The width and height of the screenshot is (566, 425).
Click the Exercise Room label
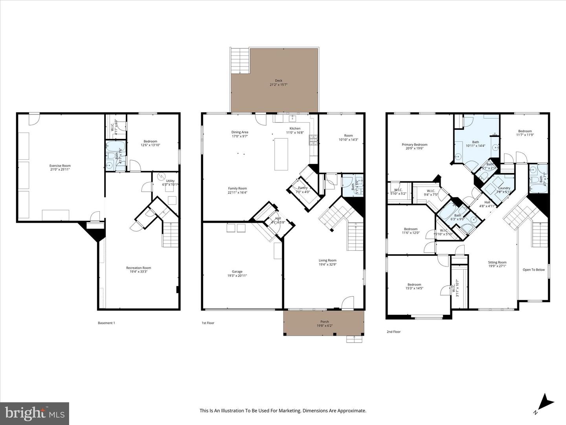pos(60,166)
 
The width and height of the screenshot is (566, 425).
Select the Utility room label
pos(170,181)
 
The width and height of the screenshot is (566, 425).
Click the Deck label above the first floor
pos(279,81)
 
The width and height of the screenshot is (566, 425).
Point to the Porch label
pos(325,322)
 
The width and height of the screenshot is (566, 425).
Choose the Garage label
pos(237,272)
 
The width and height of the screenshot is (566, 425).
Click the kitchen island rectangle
pos(281,154)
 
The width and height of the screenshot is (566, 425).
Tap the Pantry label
pos(303,188)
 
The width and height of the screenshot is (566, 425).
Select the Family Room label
pos(237,188)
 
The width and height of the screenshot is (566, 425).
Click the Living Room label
pos(327,260)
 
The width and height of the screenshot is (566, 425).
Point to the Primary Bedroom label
pos(414,144)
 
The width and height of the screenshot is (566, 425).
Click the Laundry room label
pos(504,188)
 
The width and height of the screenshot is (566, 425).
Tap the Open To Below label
pos(533,270)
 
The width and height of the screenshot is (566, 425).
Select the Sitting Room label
pos(497,262)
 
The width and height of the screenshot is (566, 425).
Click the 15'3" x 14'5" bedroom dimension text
pos(414,288)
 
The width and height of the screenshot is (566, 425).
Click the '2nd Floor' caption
pos(393,332)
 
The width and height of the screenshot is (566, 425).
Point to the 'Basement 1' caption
pos(106,323)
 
